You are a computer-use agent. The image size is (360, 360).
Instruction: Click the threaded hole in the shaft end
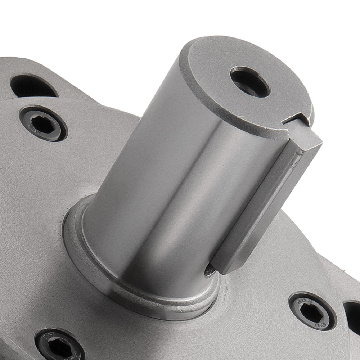(250, 81)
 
